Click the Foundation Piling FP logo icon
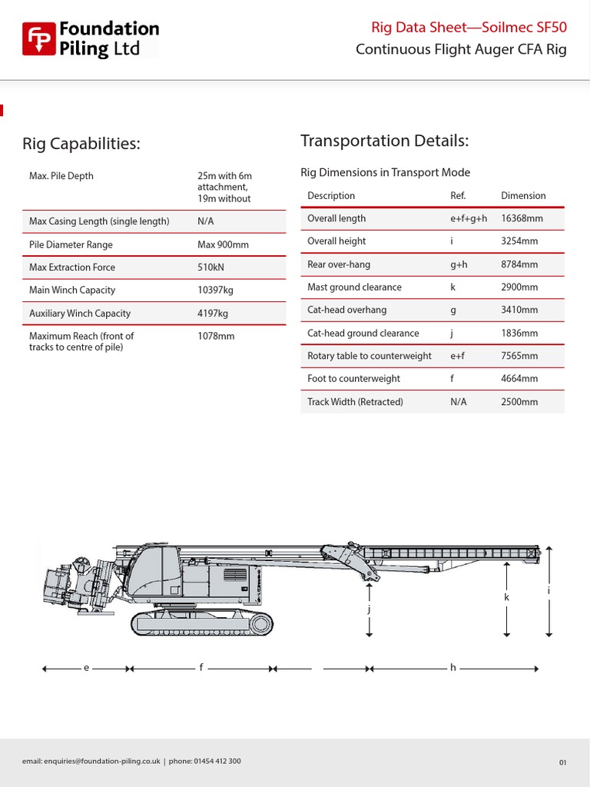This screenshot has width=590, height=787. (38, 39)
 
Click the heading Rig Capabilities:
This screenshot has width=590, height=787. (81, 144)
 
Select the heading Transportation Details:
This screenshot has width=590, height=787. (384, 141)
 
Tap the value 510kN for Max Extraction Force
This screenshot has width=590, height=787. (210, 267)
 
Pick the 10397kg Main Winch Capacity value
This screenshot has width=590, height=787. (215, 291)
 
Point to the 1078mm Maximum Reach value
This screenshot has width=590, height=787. (216, 336)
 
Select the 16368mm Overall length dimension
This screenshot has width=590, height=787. (522, 218)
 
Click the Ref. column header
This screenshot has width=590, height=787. (458, 196)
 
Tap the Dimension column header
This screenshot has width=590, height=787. (523, 196)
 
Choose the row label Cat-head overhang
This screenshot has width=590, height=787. (346, 310)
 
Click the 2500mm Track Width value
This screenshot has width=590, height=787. (519, 402)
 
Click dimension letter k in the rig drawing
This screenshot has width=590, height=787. (507, 597)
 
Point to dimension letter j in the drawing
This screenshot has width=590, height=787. (370, 609)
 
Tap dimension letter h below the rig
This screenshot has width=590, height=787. (453, 668)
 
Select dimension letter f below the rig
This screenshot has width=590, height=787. (201, 668)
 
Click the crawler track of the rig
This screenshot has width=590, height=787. (202, 623)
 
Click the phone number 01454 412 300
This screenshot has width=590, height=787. (216, 762)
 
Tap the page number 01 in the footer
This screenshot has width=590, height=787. (562, 762)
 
